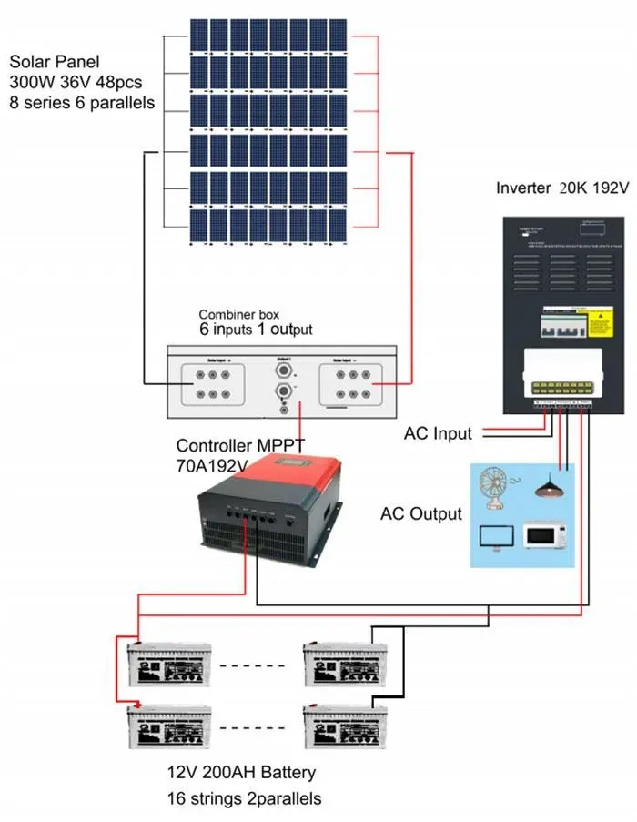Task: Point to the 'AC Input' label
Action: pyautogui.click(x=438, y=433)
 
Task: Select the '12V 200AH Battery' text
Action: pyautogui.click(x=241, y=773)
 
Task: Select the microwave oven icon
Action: pyautogui.click(x=545, y=536)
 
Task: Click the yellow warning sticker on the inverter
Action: pyautogui.click(x=601, y=323)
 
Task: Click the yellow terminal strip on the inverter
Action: pyautogui.click(x=560, y=386)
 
